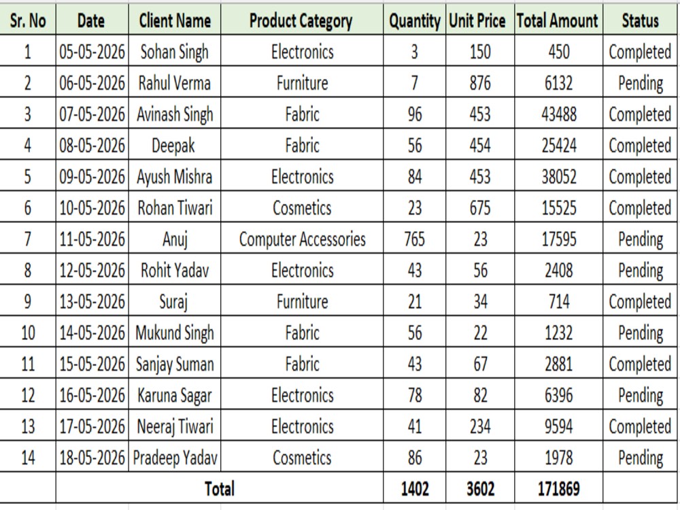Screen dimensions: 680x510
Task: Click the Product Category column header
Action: [x=301, y=21]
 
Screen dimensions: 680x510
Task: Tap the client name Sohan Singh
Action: [x=174, y=52]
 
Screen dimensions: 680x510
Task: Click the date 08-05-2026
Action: [x=92, y=146]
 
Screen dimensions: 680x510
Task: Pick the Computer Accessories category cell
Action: [x=303, y=239]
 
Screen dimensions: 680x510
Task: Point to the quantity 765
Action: [x=414, y=239]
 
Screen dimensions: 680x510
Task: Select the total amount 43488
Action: [x=558, y=114]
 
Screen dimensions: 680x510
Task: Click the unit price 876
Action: [x=480, y=83]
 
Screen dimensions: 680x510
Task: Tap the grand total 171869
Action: [x=558, y=489]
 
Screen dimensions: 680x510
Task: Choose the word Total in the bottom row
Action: [x=220, y=489]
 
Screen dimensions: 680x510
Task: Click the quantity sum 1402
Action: [x=415, y=489]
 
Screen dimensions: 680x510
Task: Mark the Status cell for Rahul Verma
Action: [x=640, y=84]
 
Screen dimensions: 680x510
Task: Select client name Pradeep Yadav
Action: [x=175, y=458]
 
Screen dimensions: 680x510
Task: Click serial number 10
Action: [x=28, y=333]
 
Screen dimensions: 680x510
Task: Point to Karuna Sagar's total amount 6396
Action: [x=558, y=396]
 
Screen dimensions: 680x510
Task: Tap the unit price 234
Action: [x=480, y=427]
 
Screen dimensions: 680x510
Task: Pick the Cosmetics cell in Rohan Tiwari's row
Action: [x=302, y=208]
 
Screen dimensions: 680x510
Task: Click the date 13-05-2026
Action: [x=92, y=302]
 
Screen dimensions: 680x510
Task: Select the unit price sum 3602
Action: [x=480, y=489]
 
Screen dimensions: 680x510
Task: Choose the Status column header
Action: [x=640, y=20]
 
